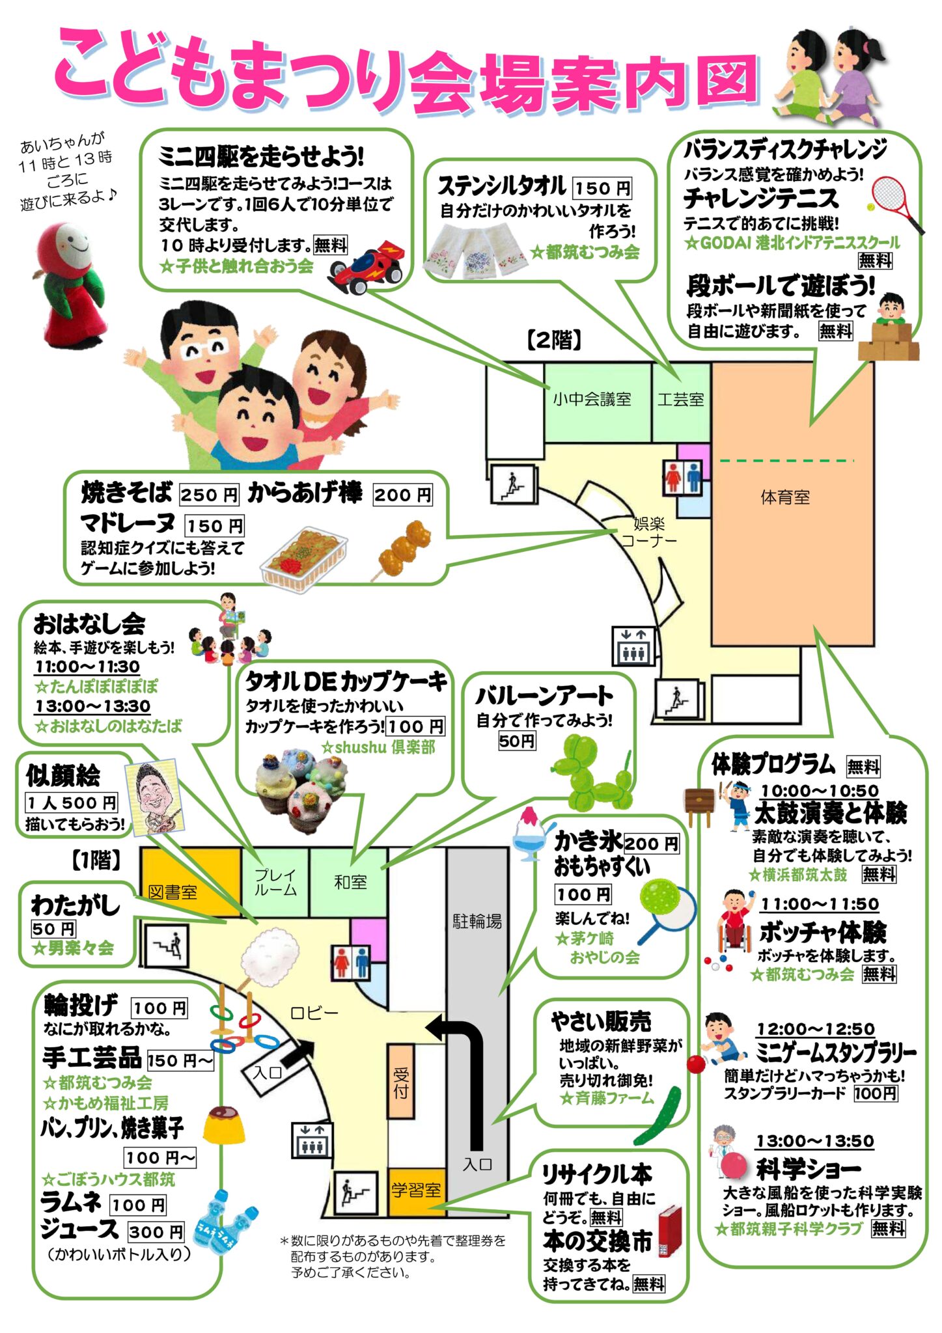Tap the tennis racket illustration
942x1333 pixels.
pyautogui.click(x=896, y=203)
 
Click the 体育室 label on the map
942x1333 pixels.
pyautogui.click(x=785, y=498)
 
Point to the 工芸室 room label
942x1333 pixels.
pyautogui.click(x=680, y=399)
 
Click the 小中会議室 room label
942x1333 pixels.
pyautogui.click(x=592, y=399)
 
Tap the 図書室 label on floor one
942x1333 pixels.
pyautogui.click(x=173, y=892)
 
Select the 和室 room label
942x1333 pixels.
pyautogui.click(x=350, y=882)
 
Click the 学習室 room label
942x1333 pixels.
pyautogui.click(x=416, y=1190)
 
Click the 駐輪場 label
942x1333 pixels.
pyautogui.click(x=477, y=921)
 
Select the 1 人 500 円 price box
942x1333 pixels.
pyautogui.click(x=72, y=803)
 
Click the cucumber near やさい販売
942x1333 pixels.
pyautogui.click(x=658, y=1115)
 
